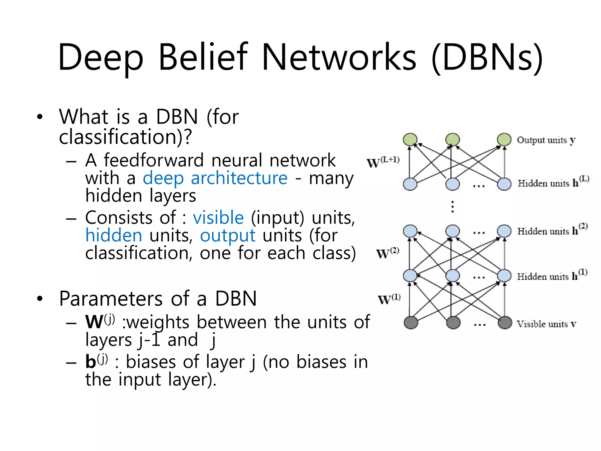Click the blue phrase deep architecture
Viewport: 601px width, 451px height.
point(215,178)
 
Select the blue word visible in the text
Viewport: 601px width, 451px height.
point(218,218)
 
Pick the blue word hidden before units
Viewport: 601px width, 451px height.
point(114,235)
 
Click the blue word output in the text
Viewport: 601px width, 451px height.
point(228,235)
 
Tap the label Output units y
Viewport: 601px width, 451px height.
point(546,140)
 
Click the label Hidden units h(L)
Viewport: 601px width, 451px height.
point(553,182)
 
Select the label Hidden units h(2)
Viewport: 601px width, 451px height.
point(552,230)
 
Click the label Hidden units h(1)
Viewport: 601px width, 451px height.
point(552,275)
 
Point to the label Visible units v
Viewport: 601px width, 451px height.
point(546,324)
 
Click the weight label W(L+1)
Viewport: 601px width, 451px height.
point(383,162)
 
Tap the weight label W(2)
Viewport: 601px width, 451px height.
point(387,253)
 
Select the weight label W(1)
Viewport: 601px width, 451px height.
point(389,299)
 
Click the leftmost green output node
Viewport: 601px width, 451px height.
point(410,139)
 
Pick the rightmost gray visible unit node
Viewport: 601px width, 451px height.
point(505,323)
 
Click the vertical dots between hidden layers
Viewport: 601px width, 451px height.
point(453,207)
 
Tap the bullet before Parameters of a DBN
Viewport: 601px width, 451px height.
point(40,299)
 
